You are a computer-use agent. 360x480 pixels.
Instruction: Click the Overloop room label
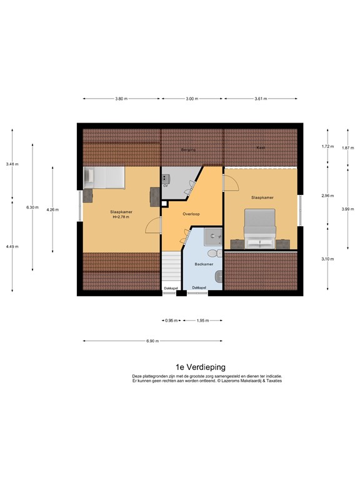(191, 213)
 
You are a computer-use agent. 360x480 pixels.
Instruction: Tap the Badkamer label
(204, 264)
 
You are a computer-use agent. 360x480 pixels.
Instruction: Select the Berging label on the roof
(188, 150)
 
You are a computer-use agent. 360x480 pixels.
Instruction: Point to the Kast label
(260, 147)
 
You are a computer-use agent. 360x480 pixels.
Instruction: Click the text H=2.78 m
(119, 217)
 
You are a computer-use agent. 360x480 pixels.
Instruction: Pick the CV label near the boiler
(166, 186)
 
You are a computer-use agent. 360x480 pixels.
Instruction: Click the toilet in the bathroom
(215, 253)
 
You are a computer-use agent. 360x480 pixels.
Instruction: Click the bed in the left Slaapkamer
(106, 177)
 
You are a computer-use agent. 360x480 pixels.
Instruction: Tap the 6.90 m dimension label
(152, 341)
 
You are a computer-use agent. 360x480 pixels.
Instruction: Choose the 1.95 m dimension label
(202, 321)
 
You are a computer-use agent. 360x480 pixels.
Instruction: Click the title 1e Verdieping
(200, 367)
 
